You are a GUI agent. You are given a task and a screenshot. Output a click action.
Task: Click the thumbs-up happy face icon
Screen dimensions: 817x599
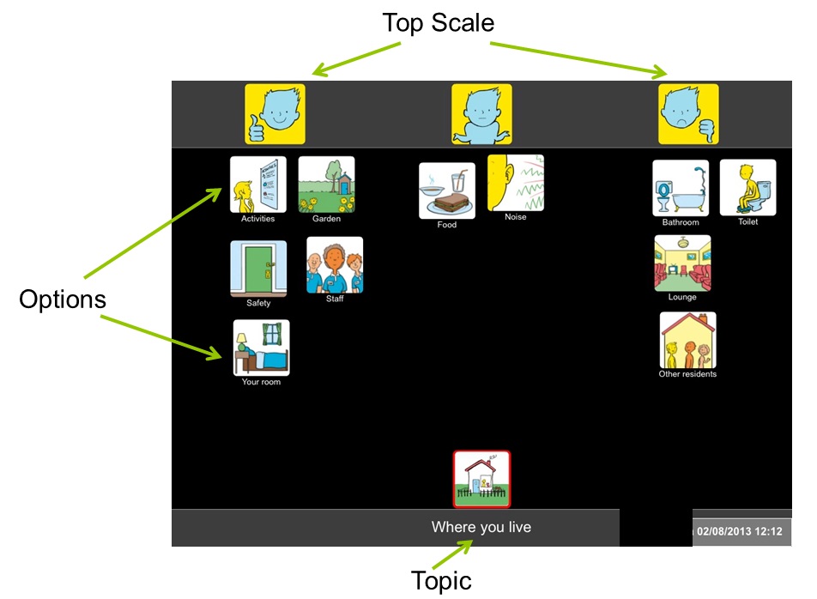pyautogui.click(x=275, y=114)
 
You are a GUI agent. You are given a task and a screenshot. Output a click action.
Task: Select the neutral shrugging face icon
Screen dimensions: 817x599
pyautogui.click(x=481, y=114)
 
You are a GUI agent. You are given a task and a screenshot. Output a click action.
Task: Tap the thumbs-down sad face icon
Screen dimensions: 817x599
pyautogui.click(x=688, y=114)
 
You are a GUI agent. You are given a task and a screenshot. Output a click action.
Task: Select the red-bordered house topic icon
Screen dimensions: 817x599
pyautogui.click(x=482, y=479)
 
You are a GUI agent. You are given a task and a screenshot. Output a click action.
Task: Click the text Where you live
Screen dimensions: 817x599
pyautogui.click(x=481, y=527)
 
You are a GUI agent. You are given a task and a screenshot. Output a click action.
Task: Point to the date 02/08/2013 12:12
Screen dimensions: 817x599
pyautogui.click(x=740, y=531)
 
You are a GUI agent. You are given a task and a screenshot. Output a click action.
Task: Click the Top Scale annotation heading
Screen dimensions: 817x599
pyautogui.click(x=439, y=23)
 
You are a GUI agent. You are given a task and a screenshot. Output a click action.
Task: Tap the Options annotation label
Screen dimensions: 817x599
pyautogui.click(x=63, y=299)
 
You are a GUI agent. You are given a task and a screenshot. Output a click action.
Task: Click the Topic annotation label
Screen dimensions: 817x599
pyautogui.click(x=441, y=581)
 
